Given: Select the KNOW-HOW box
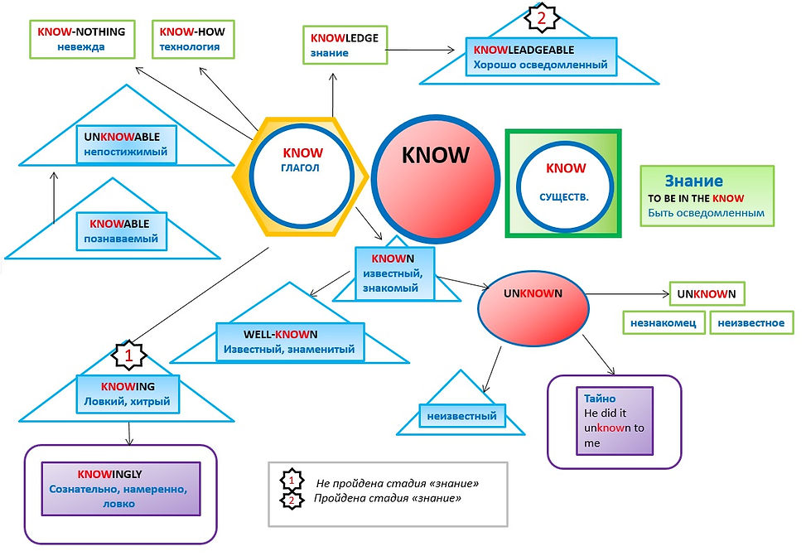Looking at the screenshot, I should click(193, 39).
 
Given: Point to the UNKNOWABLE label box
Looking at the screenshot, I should click(122, 143).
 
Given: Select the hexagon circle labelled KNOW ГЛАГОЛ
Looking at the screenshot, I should click(302, 176).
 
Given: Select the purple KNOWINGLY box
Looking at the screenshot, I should click(122, 489).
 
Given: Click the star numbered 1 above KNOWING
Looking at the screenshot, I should click(128, 355).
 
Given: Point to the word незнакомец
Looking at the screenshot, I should click(664, 322).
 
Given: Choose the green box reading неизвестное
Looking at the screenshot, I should click(751, 322).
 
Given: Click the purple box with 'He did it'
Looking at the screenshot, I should click(614, 421).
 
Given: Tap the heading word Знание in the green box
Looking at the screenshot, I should click(693, 181).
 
